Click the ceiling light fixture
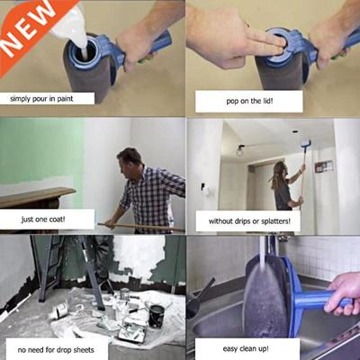pyautogui.click(x=240, y=150)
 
